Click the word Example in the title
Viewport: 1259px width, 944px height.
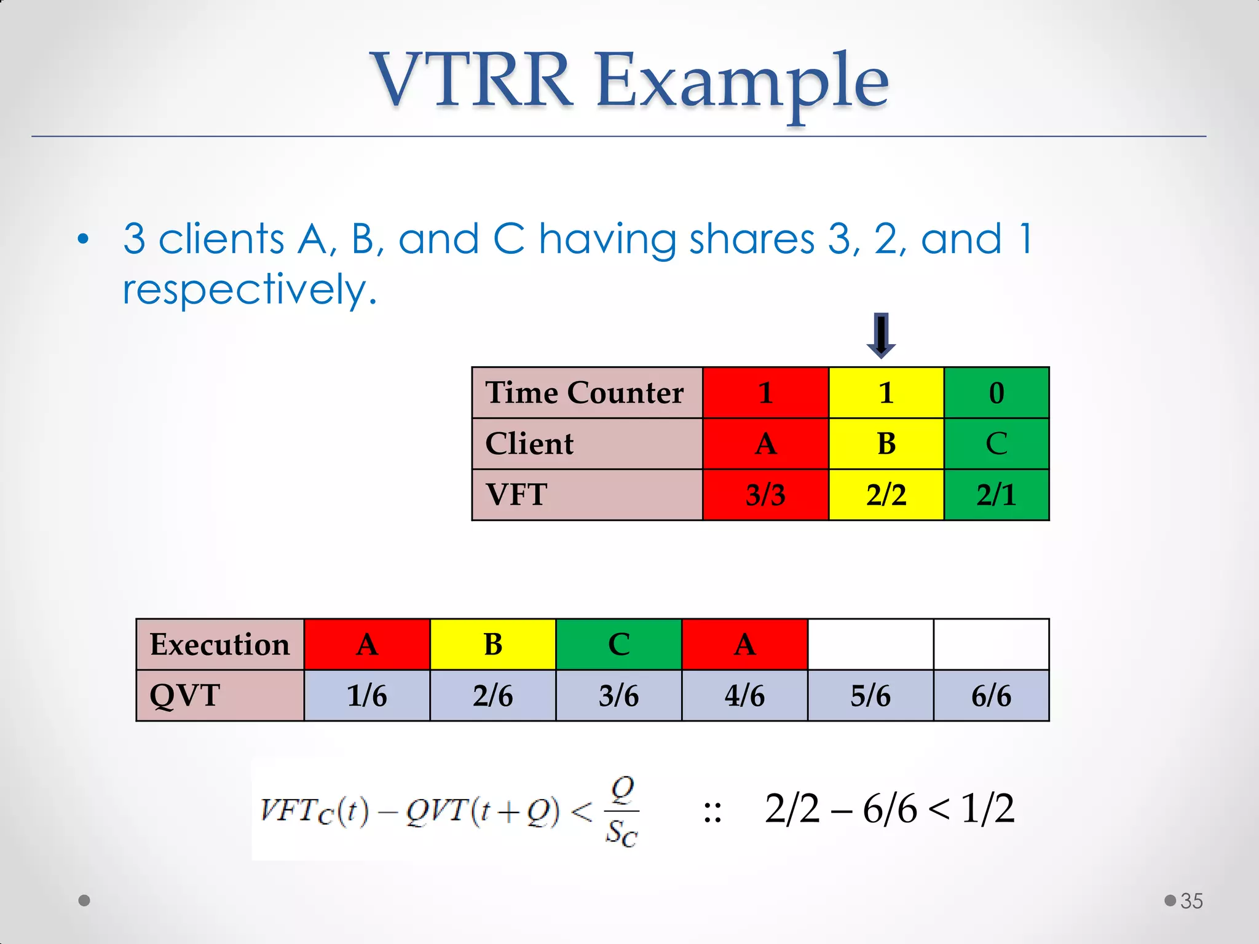pyautogui.click(x=742, y=81)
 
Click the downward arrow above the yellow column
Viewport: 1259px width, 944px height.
pyautogui.click(x=881, y=336)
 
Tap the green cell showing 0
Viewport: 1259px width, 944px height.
pyautogui.click(x=996, y=393)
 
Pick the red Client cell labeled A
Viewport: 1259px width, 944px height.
pyautogui.click(x=765, y=444)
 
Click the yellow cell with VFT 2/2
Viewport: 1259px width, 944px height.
pyautogui.click(x=886, y=495)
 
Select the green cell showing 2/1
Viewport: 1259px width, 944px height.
pyautogui.click(x=996, y=495)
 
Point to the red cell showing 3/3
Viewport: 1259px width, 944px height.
pyautogui.click(x=765, y=495)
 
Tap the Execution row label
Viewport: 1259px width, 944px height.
pyautogui.click(x=219, y=645)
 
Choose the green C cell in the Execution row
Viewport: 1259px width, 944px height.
pyautogui.click(x=618, y=645)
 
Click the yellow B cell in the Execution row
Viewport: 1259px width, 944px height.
pyautogui.click(x=492, y=645)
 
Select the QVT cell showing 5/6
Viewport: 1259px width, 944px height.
pyautogui.click(x=870, y=696)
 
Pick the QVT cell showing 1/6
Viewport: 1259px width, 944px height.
pyautogui.click(x=367, y=696)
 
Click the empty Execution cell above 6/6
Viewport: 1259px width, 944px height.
pyautogui.click(x=991, y=645)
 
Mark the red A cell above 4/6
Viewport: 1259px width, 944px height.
pyautogui.click(x=744, y=645)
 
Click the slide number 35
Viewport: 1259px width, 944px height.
pyautogui.click(x=1191, y=901)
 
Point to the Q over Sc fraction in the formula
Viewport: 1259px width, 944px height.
pyautogui.click(x=622, y=812)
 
